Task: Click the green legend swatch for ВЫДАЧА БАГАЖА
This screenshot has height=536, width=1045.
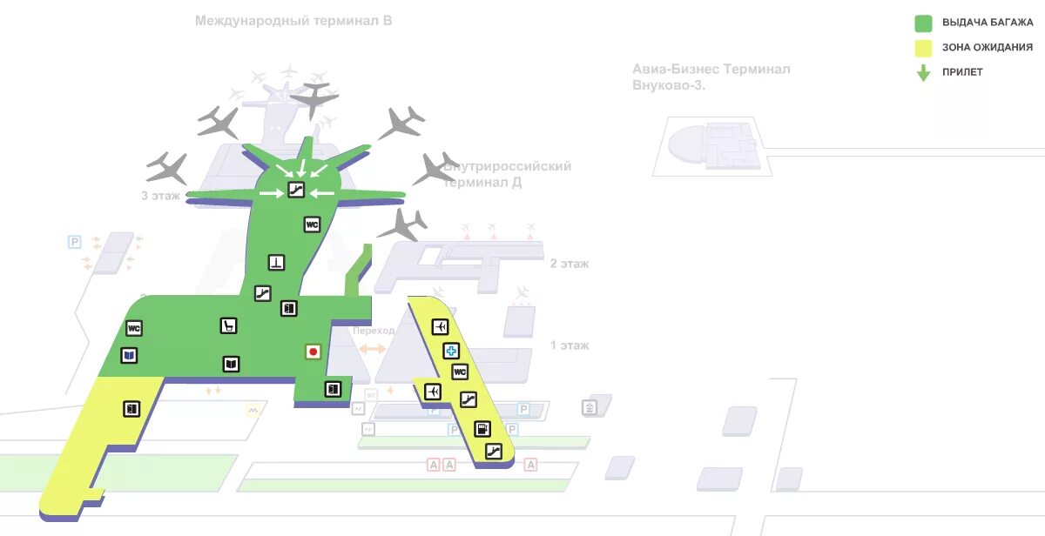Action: point(923,23)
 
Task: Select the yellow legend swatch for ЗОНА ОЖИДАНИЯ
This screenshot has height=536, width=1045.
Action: point(923,48)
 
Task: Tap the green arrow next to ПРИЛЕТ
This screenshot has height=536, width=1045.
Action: point(923,73)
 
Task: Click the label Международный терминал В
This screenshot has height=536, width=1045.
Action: point(293,20)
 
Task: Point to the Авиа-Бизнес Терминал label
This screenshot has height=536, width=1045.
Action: point(711,69)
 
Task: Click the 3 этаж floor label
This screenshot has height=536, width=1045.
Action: point(160,196)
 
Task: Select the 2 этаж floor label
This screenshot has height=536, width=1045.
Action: point(570,263)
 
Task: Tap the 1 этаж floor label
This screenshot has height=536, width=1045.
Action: point(570,345)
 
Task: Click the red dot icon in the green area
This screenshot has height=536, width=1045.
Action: point(313,352)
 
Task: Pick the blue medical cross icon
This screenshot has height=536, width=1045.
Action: point(451,351)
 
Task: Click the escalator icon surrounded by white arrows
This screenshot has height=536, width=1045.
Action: point(296,190)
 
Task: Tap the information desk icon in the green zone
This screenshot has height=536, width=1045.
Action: point(277,261)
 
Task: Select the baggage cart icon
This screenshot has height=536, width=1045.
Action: point(228,325)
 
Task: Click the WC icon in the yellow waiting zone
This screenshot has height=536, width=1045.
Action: point(460,372)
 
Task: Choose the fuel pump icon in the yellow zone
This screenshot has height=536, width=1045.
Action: point(482,429)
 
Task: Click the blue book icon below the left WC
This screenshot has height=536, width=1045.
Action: point(129,355)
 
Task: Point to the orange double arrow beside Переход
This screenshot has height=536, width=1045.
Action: point(373,348)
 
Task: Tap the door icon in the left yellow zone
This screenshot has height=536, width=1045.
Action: point(131,407)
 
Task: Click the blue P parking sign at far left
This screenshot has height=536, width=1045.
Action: point(74,241)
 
